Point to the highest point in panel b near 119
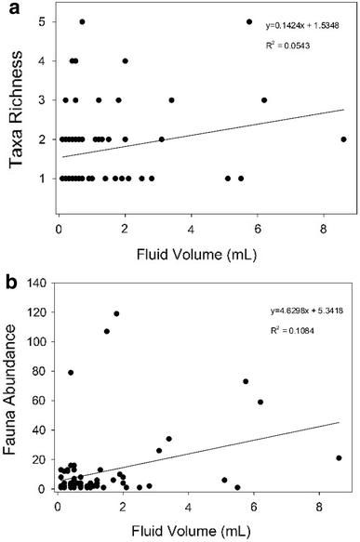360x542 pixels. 116,313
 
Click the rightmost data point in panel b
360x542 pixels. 340,457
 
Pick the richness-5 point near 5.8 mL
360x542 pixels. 249,21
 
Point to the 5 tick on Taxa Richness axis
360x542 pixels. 44,21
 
